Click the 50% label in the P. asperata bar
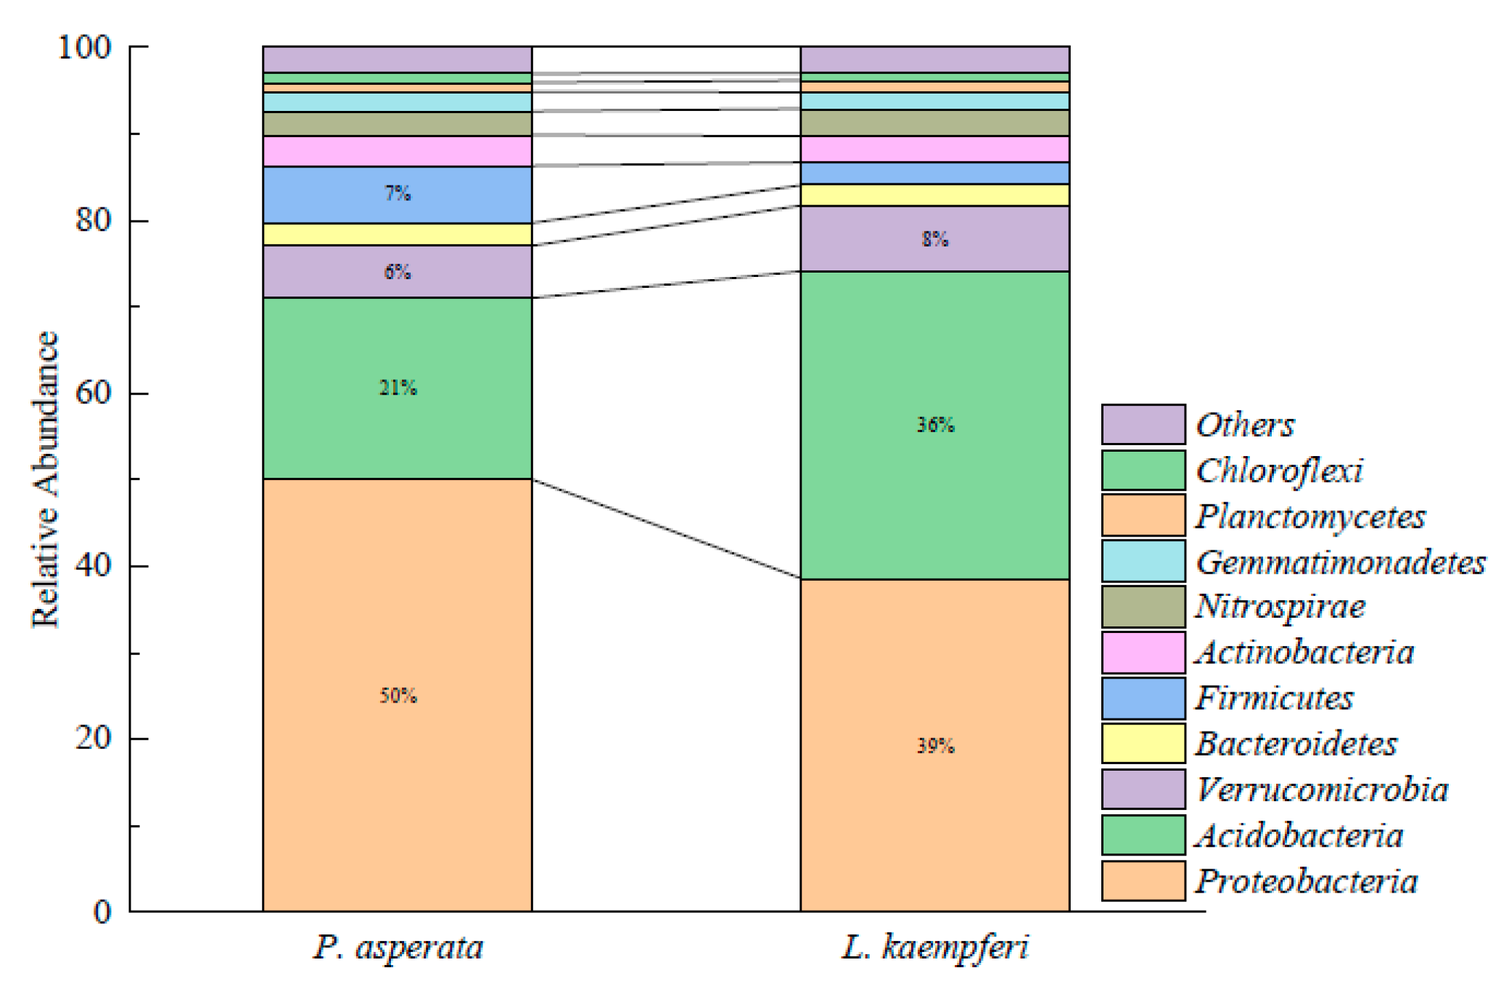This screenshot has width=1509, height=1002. [398, 696]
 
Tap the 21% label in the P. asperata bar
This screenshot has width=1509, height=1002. [398, 388]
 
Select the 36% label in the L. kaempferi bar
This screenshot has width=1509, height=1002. [935, 425]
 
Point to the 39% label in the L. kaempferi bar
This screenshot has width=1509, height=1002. [935, 746]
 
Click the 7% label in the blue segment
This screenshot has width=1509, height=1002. [398, 194]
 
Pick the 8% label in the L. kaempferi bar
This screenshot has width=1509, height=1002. [935, 239]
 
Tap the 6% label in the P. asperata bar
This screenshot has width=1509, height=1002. [398, 272]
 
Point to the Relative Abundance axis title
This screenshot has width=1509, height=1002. [45, 479]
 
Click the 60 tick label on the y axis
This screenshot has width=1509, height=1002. [93, 393]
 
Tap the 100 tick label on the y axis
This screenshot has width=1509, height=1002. [84, 48]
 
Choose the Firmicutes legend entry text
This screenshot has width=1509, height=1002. [1274, 698]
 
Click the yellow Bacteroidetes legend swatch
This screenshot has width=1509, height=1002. [1143, 743]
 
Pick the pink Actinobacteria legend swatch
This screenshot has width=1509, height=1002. [1143, 653]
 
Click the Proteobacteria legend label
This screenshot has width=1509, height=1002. [1306, 882]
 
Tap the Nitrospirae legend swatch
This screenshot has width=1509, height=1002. [1143, 607]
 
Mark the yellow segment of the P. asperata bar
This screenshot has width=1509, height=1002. [398, 234]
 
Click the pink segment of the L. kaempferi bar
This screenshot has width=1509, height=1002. [935, 149]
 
